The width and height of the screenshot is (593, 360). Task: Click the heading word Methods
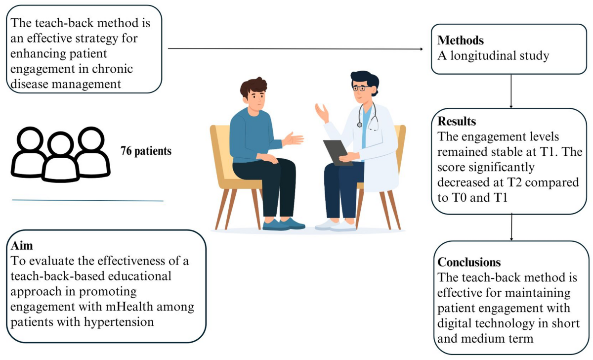[x=461, y=41]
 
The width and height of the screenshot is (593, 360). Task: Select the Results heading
[x=458, y=121]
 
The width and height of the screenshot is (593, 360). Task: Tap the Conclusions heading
[x=469, y=262]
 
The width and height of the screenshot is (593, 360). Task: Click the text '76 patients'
[x=146, y=151]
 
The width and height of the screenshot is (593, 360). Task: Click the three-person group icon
[x=61, y=153]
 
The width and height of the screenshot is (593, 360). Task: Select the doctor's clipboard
[x=338, y=151]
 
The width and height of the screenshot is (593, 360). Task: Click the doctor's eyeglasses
[x=359, y=89]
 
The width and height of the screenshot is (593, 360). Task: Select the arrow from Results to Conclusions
[x=510, y=227]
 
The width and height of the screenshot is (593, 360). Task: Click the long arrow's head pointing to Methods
[x=422, y=49]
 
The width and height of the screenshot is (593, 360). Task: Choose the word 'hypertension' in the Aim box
[x=125, y=323]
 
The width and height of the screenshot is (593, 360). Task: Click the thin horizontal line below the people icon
[x=87, y=200]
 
